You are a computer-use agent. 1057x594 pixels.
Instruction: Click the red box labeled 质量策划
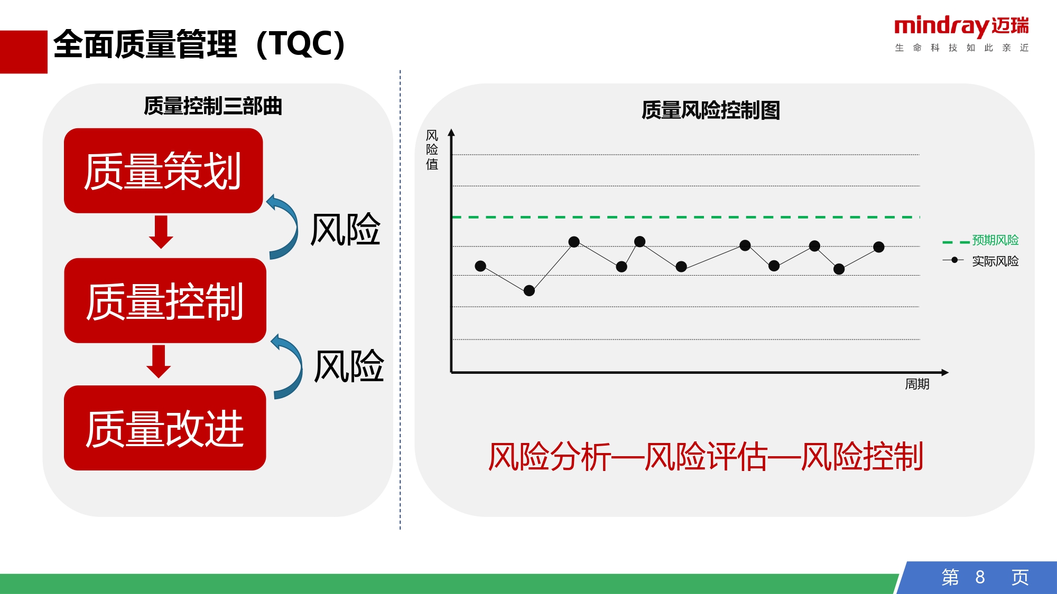coord(163,171)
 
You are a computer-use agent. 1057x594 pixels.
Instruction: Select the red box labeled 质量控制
coord(165,300)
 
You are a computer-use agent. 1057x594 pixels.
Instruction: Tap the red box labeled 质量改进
coord(165,428)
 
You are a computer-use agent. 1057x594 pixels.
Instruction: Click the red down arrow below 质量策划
coord(161,231)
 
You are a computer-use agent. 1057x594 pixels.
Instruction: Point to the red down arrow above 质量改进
coord(159,361)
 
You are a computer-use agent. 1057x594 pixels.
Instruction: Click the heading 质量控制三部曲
coord(213,106)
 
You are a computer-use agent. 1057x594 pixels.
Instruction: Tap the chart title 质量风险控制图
coord(711,110)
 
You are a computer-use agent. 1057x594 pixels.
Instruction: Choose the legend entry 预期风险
coord(980,240)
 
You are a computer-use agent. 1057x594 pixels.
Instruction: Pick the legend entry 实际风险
coord(980,261)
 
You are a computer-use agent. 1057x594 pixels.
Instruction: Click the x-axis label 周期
coord(917,384)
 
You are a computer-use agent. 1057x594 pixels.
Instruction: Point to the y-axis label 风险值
coord(432,150)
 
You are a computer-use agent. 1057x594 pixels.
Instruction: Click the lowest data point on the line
coord(529,290)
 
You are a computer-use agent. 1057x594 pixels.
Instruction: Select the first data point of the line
coord(480,266)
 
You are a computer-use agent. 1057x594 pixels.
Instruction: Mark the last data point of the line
coord(879,247)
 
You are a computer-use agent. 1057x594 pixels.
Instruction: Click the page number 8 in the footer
coord(980,577)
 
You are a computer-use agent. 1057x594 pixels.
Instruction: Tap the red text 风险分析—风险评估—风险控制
coord(706,457)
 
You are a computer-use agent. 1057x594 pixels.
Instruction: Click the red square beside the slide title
coord(24,52)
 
